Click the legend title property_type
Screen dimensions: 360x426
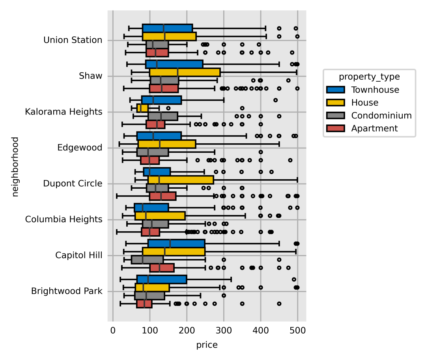point(369,77)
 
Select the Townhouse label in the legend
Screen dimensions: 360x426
point(375,90)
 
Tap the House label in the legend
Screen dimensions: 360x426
point(364,103)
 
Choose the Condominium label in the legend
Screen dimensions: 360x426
point(381,116)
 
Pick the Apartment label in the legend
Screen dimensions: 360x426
point(374,129)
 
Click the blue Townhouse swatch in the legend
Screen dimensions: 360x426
point(335,90)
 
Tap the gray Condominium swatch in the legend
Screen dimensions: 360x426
point(335,116)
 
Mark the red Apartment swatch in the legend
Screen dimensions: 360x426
point(335,129)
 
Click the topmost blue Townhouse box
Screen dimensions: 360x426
point(167,28)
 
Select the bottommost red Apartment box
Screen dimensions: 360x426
point(144,304)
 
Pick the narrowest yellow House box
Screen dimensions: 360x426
point(142,108)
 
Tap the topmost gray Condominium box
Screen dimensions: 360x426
point(157,45)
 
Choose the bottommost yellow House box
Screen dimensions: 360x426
point(152,287)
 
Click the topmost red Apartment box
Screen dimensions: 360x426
point(157,52)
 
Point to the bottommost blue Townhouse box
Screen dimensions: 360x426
point(161,279)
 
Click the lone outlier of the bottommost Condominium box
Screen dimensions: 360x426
point(224,295)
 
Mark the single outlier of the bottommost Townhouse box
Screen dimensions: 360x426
point(294,279)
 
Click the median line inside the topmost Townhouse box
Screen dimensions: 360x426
point(164,28)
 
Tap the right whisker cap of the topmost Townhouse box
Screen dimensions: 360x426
point(265,28)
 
